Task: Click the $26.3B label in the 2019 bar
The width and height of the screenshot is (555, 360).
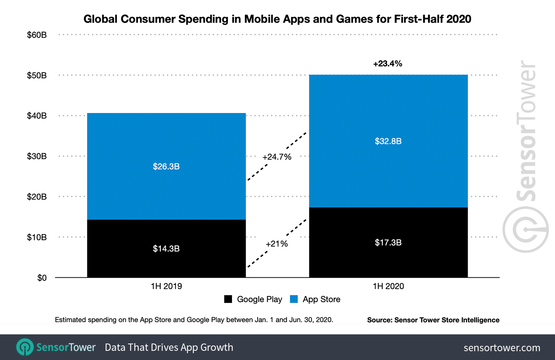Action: [x=166, y=167]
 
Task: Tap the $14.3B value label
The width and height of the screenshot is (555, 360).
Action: [x=166, y=249]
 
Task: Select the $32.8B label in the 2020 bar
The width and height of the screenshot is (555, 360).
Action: [x=388, y=141]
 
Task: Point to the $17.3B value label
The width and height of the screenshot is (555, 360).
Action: [x=388, y=242]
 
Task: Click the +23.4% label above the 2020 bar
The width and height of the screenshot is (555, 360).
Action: [x=387, y=64]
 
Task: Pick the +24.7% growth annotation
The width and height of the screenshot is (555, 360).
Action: [x=277, y=157]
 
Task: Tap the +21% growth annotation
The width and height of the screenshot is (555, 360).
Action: [x=276, y=244]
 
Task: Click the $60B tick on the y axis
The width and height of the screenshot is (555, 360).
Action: [x=37, y=35]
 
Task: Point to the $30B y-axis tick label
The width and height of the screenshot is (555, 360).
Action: [x=37, y=156]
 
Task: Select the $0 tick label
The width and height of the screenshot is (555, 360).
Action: [x=42, y=278]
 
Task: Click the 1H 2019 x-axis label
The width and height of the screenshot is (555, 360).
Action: [x=166, y=286]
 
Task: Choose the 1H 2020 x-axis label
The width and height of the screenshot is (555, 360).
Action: [x=388, y=286]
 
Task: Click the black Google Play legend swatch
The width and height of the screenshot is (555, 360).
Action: [x=228, y=299]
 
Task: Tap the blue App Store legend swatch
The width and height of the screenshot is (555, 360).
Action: [x=294, y=299]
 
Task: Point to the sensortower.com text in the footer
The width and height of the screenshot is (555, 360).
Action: [x=502, y=348]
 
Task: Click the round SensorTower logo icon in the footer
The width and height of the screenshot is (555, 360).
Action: [x=25, y=347]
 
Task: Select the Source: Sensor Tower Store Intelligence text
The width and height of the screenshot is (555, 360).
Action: [x=433, y=320]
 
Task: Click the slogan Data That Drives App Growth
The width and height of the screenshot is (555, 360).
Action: [x=169, y=347]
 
